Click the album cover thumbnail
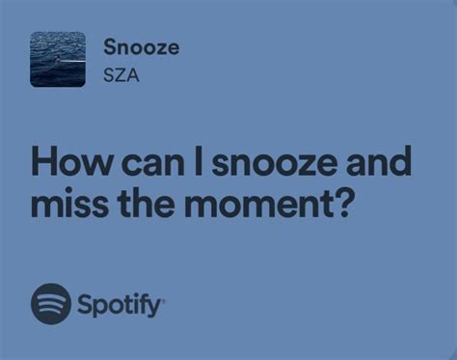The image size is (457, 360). coord(58,60)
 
